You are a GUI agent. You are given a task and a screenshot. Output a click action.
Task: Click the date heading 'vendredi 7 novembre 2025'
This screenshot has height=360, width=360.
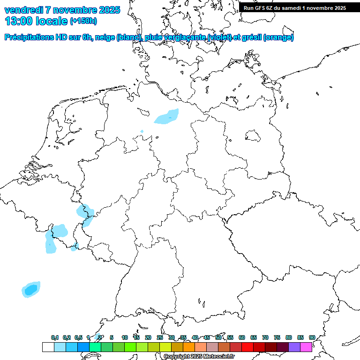(62, 10)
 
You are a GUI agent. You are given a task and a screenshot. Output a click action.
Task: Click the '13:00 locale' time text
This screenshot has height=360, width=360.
(36, 21)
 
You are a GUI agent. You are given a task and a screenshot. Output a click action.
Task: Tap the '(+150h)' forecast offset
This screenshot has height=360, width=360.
(83, 21)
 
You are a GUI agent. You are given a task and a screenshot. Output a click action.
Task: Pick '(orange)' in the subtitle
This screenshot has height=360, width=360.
(279, 37)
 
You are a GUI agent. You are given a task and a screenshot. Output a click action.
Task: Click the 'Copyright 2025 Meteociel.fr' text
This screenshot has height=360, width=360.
(199, 357)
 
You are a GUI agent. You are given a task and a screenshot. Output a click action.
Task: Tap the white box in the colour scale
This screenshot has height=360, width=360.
(48, 347)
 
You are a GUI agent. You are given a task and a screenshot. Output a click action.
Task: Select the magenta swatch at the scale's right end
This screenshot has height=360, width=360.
(306, 347)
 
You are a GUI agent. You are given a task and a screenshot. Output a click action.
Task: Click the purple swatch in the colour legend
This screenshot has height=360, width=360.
(294, 347)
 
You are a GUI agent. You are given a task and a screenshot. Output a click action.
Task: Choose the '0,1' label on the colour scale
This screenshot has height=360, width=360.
(55, 337)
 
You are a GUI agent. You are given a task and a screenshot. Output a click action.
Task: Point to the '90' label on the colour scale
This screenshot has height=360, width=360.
(312, 337)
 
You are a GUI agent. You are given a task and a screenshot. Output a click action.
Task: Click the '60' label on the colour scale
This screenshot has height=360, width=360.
(242, 337)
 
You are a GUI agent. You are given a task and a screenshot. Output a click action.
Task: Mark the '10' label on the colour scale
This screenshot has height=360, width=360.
(125, 337)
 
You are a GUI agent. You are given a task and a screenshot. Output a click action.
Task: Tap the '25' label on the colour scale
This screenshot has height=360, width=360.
(160, 337)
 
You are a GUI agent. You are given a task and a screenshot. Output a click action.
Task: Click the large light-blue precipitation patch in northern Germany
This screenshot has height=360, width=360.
(167, 117)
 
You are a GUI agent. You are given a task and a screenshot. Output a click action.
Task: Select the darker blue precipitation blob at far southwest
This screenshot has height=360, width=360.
(31, 290)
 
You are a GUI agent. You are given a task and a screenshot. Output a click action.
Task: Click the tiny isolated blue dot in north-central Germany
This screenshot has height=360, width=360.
(142, 131)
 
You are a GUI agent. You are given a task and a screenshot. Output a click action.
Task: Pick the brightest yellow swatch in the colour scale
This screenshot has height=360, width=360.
(165, 347)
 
